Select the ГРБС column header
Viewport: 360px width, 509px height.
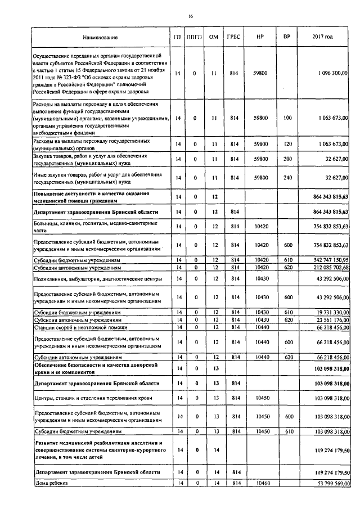point(233,37)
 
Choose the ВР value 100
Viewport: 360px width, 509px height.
point(288,118)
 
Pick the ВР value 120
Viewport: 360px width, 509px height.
point(288,144)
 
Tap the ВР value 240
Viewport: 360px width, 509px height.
point(288,178)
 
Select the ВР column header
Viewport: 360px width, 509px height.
point(287,37)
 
